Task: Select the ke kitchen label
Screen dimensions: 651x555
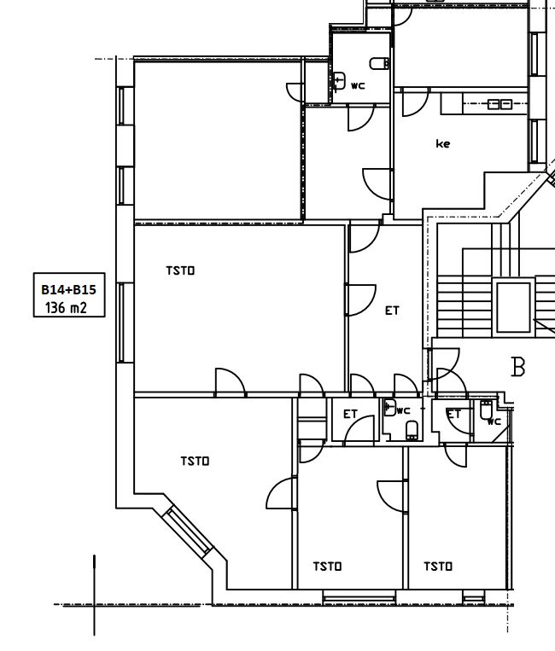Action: (442, 144)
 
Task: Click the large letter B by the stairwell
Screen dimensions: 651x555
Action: (517, 368)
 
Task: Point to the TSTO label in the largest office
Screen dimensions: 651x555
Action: (180, 270)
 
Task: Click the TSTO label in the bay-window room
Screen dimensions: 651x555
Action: (195, 461)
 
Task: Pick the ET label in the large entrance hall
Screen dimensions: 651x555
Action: (392, 311)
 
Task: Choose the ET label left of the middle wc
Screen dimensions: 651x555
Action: (350, 414)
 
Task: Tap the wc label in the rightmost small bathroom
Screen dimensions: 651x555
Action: (494, 421)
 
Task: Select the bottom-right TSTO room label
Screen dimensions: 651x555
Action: (438, 566)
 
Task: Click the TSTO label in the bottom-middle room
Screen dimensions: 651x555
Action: (327, 566)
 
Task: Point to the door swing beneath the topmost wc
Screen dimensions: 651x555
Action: (359, 119)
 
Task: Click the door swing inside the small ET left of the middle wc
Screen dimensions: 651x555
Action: (364, 429)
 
